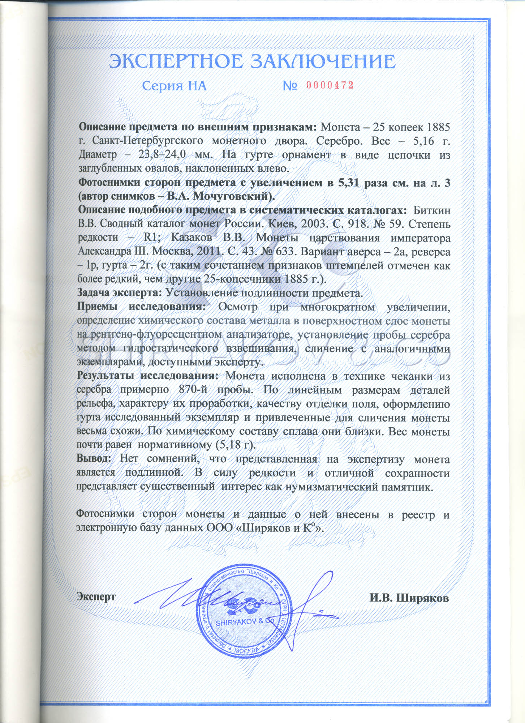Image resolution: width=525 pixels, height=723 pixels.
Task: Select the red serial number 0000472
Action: coord(330,85)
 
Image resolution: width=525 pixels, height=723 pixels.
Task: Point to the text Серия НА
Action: coord(174,86)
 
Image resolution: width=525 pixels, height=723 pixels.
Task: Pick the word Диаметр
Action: coord(98,155)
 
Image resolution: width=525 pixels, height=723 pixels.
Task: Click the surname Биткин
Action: coord(431,210)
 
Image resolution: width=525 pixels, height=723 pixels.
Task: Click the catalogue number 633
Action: coord(286,251)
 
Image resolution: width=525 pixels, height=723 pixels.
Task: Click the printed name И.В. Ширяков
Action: coord(409,598)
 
